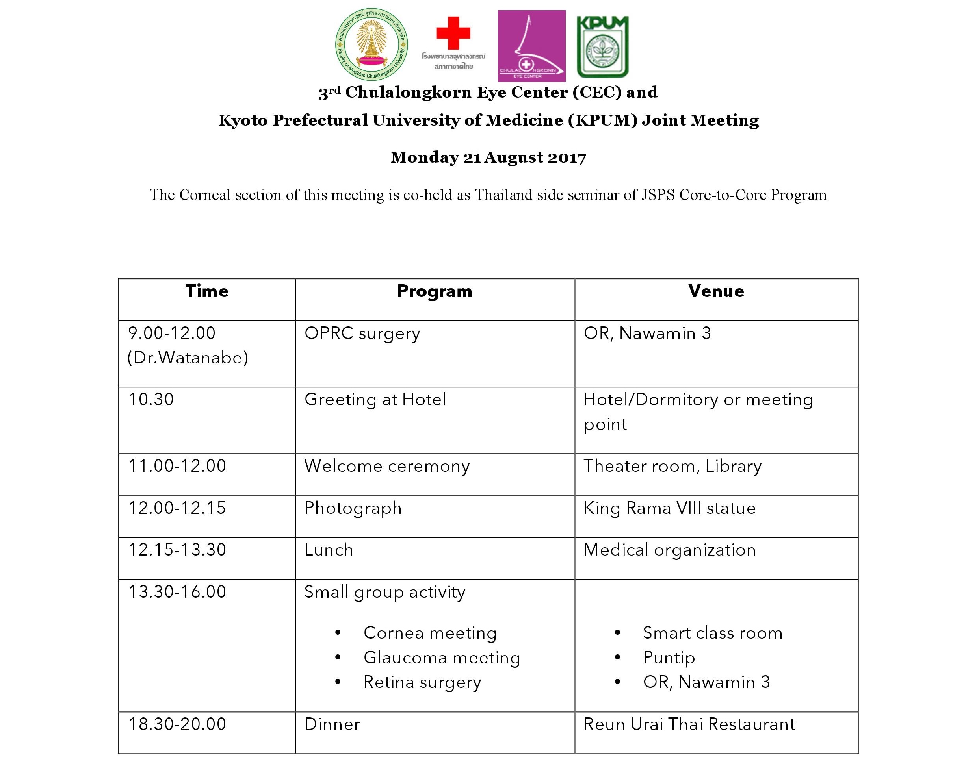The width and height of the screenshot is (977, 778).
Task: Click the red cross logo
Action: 453,33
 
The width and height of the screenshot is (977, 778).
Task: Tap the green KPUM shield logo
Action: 602,46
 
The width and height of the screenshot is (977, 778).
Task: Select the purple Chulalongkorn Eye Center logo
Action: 531,46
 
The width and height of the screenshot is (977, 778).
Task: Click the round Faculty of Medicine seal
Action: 371,44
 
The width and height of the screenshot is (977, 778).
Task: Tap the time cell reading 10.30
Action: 151,399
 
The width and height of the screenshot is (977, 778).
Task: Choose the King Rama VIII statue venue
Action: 669,508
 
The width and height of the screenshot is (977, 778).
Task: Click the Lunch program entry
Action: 329,550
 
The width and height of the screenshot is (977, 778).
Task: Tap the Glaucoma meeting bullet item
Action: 441,658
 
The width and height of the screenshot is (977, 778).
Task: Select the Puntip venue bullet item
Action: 669,658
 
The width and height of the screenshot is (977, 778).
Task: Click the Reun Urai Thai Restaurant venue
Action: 689,724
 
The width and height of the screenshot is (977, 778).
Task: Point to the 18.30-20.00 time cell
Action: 177,724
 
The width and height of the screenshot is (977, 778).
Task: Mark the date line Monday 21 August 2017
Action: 488,157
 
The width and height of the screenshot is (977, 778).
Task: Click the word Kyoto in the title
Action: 243,120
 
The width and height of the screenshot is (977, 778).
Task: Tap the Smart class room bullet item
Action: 712,633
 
